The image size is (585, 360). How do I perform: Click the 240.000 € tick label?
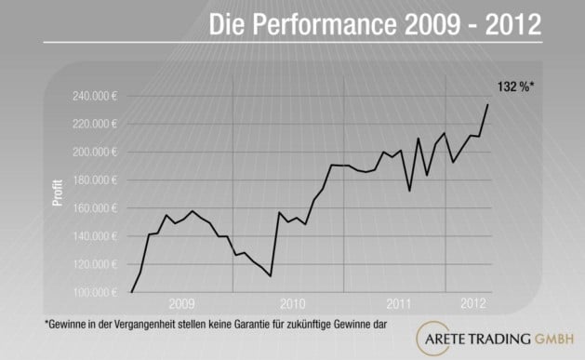tap(92, 96)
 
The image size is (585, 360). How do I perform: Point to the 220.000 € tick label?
tap(92, 124)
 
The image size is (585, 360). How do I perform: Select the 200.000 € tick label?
tap(92, 152)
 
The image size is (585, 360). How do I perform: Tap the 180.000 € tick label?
tap(92, 180)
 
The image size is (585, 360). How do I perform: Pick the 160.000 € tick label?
tap(92, 208)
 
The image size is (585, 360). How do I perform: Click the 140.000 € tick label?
tap(92, 236)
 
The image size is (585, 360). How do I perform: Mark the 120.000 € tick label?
tap(92, 264)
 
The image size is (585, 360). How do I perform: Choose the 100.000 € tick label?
tap(92, 292)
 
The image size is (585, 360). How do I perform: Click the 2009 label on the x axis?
tap(182, 304)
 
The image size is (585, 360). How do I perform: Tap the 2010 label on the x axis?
tap(292, 304)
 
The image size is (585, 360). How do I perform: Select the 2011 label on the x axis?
tap(399, 304)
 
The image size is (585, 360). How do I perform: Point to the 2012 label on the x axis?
tap(472, 304)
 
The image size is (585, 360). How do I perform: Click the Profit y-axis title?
tap(58, 192)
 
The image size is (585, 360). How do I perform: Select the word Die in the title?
tap(230, 24)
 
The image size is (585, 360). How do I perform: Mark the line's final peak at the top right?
tap(487, 104)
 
